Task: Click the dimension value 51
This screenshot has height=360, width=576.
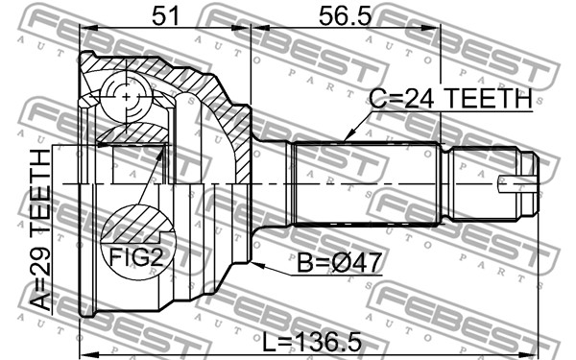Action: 166,16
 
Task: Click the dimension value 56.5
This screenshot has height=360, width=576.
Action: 346,16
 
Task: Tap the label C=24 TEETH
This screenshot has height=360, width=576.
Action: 451,99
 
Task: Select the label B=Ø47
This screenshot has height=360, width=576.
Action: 339,263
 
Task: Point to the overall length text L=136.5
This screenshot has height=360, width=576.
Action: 311,342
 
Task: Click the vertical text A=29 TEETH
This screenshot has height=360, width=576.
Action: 40,230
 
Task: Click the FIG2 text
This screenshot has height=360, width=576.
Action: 136,256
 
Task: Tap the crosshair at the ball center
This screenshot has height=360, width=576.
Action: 126,97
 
